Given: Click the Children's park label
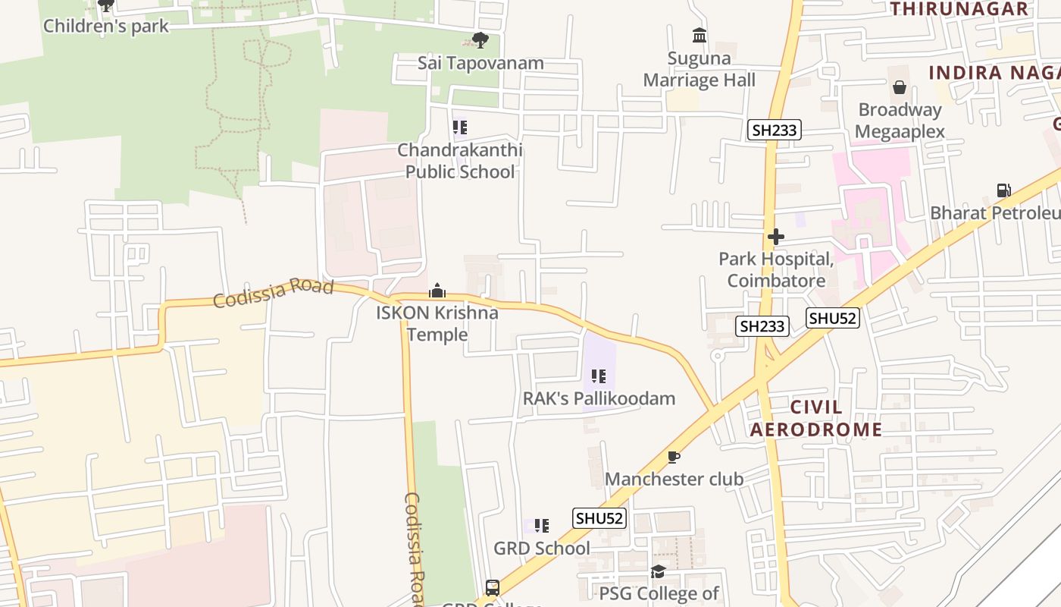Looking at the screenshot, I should [105, 25].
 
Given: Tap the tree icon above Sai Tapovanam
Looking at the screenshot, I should [480, 40].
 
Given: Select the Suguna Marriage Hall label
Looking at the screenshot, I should [699, 69].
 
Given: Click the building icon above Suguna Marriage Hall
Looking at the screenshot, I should [700, 35].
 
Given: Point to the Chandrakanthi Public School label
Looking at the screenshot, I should [460, 161].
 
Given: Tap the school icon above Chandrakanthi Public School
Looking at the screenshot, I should [460, 127].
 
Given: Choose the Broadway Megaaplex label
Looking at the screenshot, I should [900, 121].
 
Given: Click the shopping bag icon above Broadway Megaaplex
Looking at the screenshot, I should [900, 87].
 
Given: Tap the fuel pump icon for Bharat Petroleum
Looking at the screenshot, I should [1003, 190].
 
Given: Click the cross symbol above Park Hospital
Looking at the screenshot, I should [775, 237].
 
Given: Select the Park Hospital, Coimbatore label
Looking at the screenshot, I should [776, 269].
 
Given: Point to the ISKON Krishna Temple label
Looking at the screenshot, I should [437, 323].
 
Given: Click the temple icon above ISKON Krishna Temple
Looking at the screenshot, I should [437, 291].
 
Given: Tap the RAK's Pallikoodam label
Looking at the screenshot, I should [599, 398].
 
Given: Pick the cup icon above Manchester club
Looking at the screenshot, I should [673, 457].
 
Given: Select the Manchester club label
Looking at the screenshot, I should [674, 479].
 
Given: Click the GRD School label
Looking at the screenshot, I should [541, 548].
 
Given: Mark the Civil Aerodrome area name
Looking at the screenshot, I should [815, 418].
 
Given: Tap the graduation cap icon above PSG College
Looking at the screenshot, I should [658, 571].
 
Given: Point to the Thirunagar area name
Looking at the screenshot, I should [959, 9].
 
